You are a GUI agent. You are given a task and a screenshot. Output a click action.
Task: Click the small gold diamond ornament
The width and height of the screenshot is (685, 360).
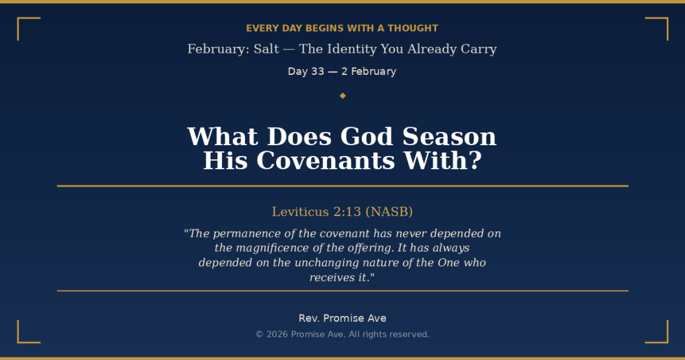point(342,96)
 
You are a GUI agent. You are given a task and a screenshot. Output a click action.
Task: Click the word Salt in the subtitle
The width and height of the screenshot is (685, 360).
point(266,49)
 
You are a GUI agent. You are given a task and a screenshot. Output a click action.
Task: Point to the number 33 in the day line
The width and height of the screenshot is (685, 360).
point(317,72)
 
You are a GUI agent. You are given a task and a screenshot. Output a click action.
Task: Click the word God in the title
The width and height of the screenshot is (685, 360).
point(367,137)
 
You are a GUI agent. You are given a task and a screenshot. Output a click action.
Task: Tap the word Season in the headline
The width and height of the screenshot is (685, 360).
point(449,137)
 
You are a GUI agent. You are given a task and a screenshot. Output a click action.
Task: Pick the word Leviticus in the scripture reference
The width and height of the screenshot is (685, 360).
point(300,212)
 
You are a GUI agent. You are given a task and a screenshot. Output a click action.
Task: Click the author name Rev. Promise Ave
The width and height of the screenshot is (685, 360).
point(342,319)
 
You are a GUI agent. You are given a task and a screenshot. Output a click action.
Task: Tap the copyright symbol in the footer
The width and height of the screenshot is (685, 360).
point(260,335)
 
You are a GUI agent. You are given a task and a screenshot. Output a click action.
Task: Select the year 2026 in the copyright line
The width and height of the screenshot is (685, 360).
point(277,335)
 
